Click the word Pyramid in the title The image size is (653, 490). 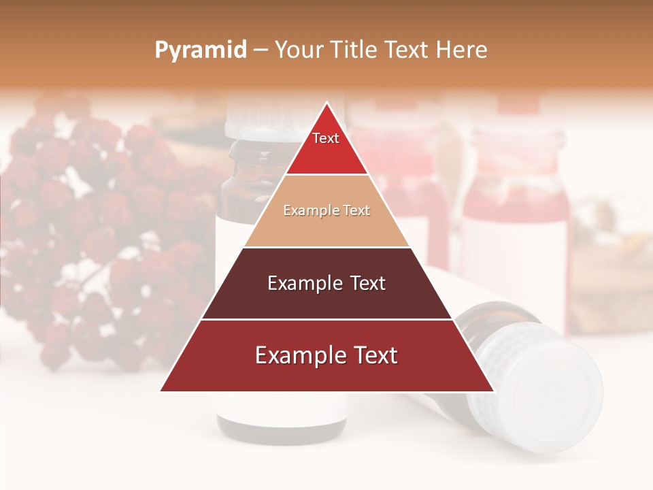201,50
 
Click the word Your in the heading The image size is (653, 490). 299,50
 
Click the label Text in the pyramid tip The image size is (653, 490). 326,138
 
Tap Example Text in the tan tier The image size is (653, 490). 326,210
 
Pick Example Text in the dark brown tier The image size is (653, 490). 326,283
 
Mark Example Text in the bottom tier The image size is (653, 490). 326,355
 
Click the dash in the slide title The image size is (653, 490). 260,50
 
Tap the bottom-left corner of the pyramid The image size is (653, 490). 161,391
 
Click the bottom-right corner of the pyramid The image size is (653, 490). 494,391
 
